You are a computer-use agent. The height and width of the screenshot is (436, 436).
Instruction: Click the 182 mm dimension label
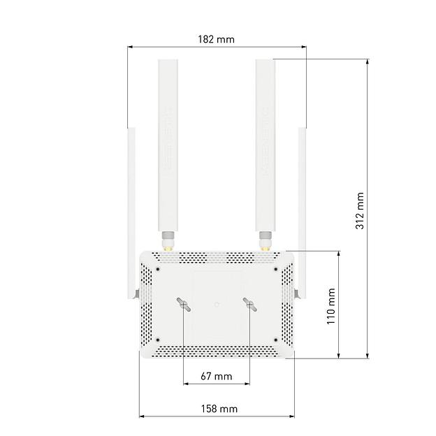[x=217, y=39]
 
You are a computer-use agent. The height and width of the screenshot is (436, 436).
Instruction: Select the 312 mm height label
[x=359, y=210]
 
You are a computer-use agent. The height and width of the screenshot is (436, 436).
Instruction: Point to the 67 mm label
[x=216, y=377]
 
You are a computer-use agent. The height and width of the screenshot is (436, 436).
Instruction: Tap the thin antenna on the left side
[x=131, y=210]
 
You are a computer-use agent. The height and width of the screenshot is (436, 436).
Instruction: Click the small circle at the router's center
[x=217, y=304]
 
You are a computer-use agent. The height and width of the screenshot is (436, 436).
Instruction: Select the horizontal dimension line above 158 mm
[x=217, y=417]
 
